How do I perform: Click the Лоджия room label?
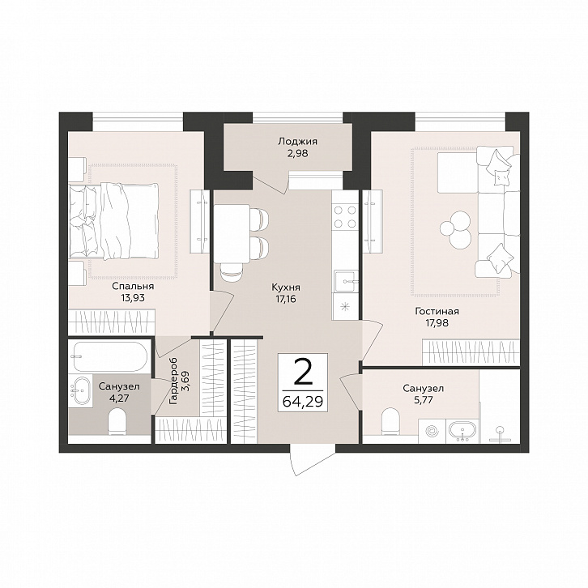tap(297, 142)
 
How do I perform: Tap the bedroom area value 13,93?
tap(133, 298)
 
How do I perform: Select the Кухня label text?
tap(286, 288)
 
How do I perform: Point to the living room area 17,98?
tap(437, 322)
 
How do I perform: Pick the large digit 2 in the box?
tap(303, 373)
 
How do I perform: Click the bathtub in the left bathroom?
tap(108, 356)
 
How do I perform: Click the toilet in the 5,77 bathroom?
tap(390, 422)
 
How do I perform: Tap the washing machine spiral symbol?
tap(432, 430)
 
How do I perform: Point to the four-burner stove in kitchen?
tap(345, 217)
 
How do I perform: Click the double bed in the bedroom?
tap(113, 221)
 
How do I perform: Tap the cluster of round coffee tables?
tap(456, 229)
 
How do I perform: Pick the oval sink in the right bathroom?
tap(462, 430)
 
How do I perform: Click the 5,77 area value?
tap(424, 399)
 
